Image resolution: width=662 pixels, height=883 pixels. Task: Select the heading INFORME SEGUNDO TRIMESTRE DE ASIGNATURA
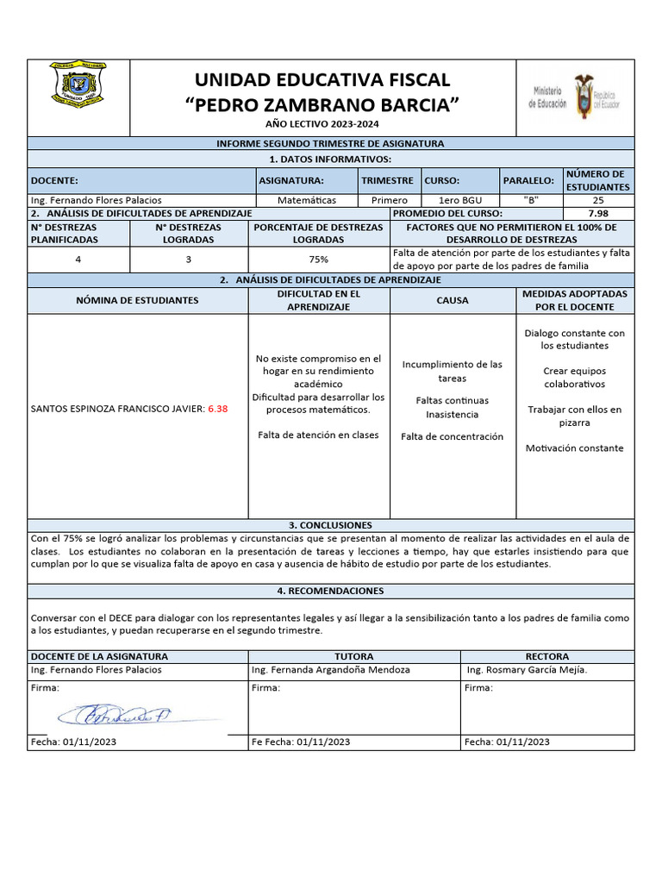pyautogui.click(x=330, y=143)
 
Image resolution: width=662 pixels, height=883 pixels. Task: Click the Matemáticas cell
pyautogui.click(x=308, y=200)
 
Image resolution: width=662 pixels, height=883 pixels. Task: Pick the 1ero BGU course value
pyautogui.click(x=460, y=200)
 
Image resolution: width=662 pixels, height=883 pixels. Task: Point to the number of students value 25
pyautogui.click(x=598, y=200)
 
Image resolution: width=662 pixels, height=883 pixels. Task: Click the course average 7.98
pyautogui.click(x=597, y=213)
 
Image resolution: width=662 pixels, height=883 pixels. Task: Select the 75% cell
pyautogui.click(x=319, y=260)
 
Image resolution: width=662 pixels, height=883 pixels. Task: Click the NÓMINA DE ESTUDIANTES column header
pyautogui.click(x=137, y=301)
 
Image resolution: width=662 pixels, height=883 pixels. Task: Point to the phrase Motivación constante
pyautogui.click(x=574, y=448)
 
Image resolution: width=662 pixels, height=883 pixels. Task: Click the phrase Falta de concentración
pyautogui.click(x=452, y=436)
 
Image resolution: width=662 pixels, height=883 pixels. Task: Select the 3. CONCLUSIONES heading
pyautogui.click(x=330, y=525)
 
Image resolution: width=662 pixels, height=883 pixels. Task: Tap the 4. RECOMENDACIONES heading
pyautogui.click(x=330, y=591)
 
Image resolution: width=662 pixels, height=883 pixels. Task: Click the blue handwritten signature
pyautogui.click(x=115, y=715)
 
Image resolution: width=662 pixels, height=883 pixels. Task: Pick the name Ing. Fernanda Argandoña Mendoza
pyautogui.click(x=330, y=669)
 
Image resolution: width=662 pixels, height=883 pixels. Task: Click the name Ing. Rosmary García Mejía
pyautogui.click(x=527, y=669)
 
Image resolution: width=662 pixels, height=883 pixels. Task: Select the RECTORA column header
pyautogui.click(x=546, y=656)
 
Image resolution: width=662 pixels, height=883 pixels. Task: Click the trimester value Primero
pyautogui.click(x=389, y=200)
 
